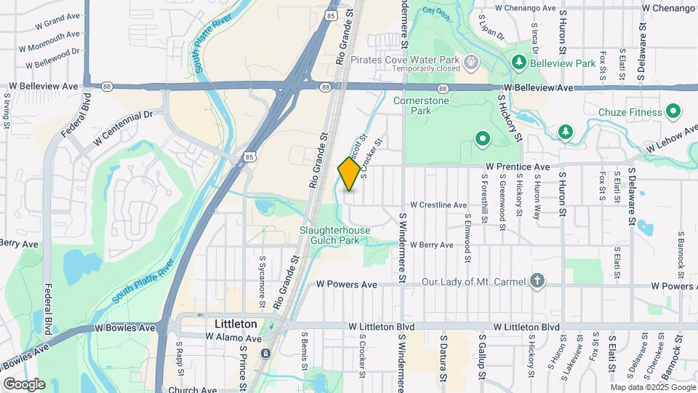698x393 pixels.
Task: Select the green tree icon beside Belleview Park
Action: [519, 63]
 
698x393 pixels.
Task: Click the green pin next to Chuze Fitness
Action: [673, 112]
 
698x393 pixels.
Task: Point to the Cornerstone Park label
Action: [421, 106]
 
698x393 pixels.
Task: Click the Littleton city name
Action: [236, 323]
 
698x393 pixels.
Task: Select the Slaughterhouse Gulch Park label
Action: [335, 235]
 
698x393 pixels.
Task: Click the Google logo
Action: [24, 384]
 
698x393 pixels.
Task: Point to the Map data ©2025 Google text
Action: [652, 387]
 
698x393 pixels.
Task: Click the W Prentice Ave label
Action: [518, 167]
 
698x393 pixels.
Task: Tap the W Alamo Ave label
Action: [233, 338]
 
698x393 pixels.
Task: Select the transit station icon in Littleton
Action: [267, 354]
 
